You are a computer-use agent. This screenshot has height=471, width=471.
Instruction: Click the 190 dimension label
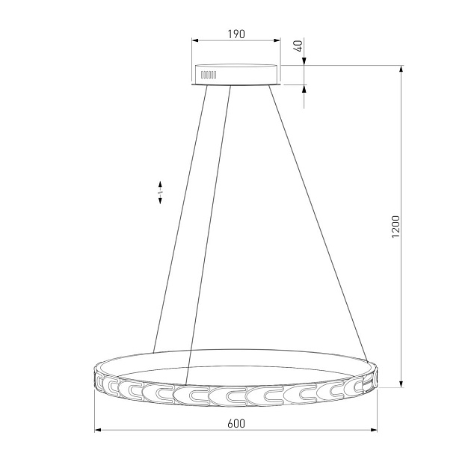[236, 34]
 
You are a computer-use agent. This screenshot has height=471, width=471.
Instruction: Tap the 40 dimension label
[299, 46]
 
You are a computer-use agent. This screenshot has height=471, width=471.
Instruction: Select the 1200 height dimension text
[396, 227]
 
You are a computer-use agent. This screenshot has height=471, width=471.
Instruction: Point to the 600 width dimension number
[236, 424]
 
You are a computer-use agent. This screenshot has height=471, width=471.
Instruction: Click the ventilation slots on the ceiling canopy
[209, 75]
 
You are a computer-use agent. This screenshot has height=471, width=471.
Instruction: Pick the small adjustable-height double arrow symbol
[160, 193]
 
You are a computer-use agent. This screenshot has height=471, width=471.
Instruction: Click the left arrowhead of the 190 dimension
[196, 40]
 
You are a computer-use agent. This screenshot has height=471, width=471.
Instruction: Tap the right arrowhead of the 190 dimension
[277, 40]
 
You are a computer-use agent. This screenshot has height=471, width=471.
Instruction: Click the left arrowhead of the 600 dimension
[98, 430]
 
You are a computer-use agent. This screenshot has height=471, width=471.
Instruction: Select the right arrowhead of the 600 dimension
[373, 430]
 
